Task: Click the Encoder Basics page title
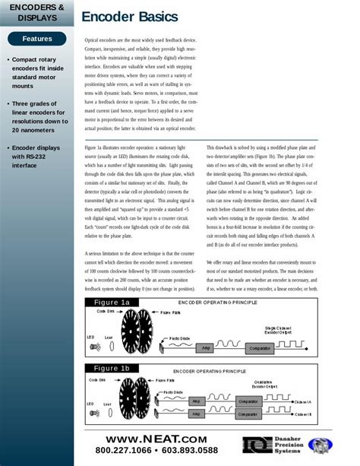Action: (x=130, y=16)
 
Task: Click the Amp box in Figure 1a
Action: (x=204, y=347)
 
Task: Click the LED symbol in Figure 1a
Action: (x=94, y=346)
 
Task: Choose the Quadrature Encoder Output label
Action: (x=264, y=385)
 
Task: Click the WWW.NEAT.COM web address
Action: (x=156, y=439)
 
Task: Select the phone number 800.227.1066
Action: (x=122, y=451)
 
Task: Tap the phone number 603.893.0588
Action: (x=190, y=451)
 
